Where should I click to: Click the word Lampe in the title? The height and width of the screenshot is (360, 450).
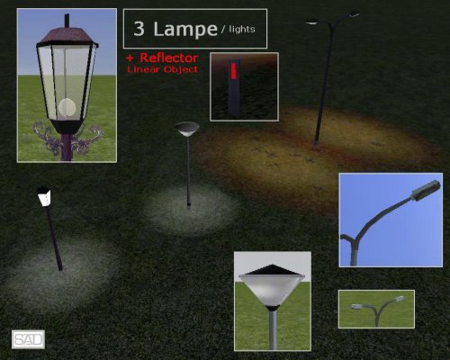tap(185, 29)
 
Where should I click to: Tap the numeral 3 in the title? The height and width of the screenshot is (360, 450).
tap(139, 29)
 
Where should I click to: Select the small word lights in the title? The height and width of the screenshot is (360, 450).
tap(242, 29)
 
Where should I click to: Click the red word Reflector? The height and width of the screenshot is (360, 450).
tap(169, 58)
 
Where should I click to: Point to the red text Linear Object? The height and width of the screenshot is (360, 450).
tap(163, 69)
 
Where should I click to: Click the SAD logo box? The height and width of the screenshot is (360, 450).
tap(28, 339)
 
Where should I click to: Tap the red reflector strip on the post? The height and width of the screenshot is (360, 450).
tap(234, 71)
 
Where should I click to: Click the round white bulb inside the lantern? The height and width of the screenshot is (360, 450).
tap(67, 107)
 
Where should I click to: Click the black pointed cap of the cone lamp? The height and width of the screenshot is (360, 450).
tap(273, 270)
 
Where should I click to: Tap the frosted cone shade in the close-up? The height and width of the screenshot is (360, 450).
tap(272, 290)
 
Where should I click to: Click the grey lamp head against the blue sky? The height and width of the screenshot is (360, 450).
tap(426, 190)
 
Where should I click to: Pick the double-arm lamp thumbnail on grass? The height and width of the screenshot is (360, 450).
tap(376, 309)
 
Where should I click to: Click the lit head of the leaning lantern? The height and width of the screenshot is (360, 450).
tap(44, 196)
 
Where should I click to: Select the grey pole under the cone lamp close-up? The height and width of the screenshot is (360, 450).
tap(273, 329)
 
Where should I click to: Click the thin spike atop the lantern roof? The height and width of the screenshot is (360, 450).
tap(67, 21)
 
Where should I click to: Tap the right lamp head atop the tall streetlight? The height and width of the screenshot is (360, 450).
tap(354, 13)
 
